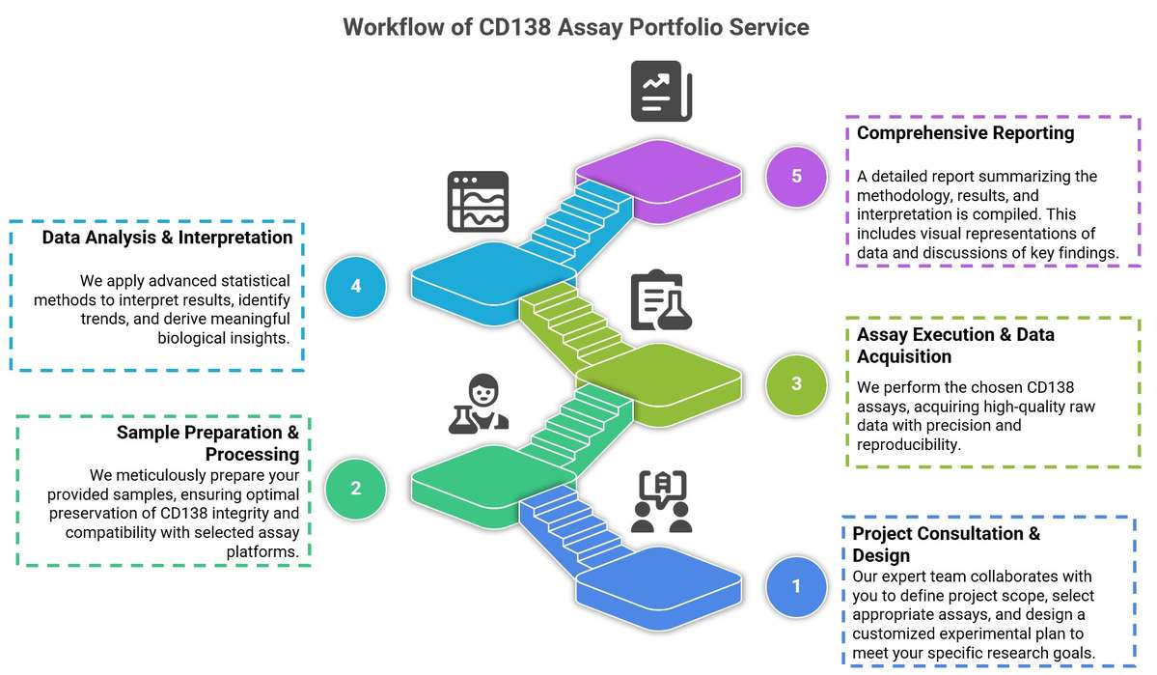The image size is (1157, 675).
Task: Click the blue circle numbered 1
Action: click(x=796, y=586)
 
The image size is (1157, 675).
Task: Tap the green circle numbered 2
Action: click(x=355, y=489)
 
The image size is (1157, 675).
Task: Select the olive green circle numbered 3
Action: click(x=796, y=383)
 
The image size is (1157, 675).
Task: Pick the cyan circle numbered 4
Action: click(x=356, y=287)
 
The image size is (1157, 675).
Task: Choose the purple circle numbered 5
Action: click(x=796, y=177)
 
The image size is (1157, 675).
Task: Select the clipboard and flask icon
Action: click(x=662, y=301)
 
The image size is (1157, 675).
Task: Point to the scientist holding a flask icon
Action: click(x=479, y=403)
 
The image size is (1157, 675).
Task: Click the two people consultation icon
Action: click(x=662, y=502)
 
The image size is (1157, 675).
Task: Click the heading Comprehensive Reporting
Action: click(x=965, y=133)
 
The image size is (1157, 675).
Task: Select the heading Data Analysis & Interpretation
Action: click(x=167, y=238)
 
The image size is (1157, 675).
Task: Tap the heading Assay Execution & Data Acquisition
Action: click(x=955, y=345)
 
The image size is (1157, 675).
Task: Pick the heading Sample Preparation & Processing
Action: click(x=207, y=443)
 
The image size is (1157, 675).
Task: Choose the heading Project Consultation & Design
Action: click(x=946, y=545)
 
